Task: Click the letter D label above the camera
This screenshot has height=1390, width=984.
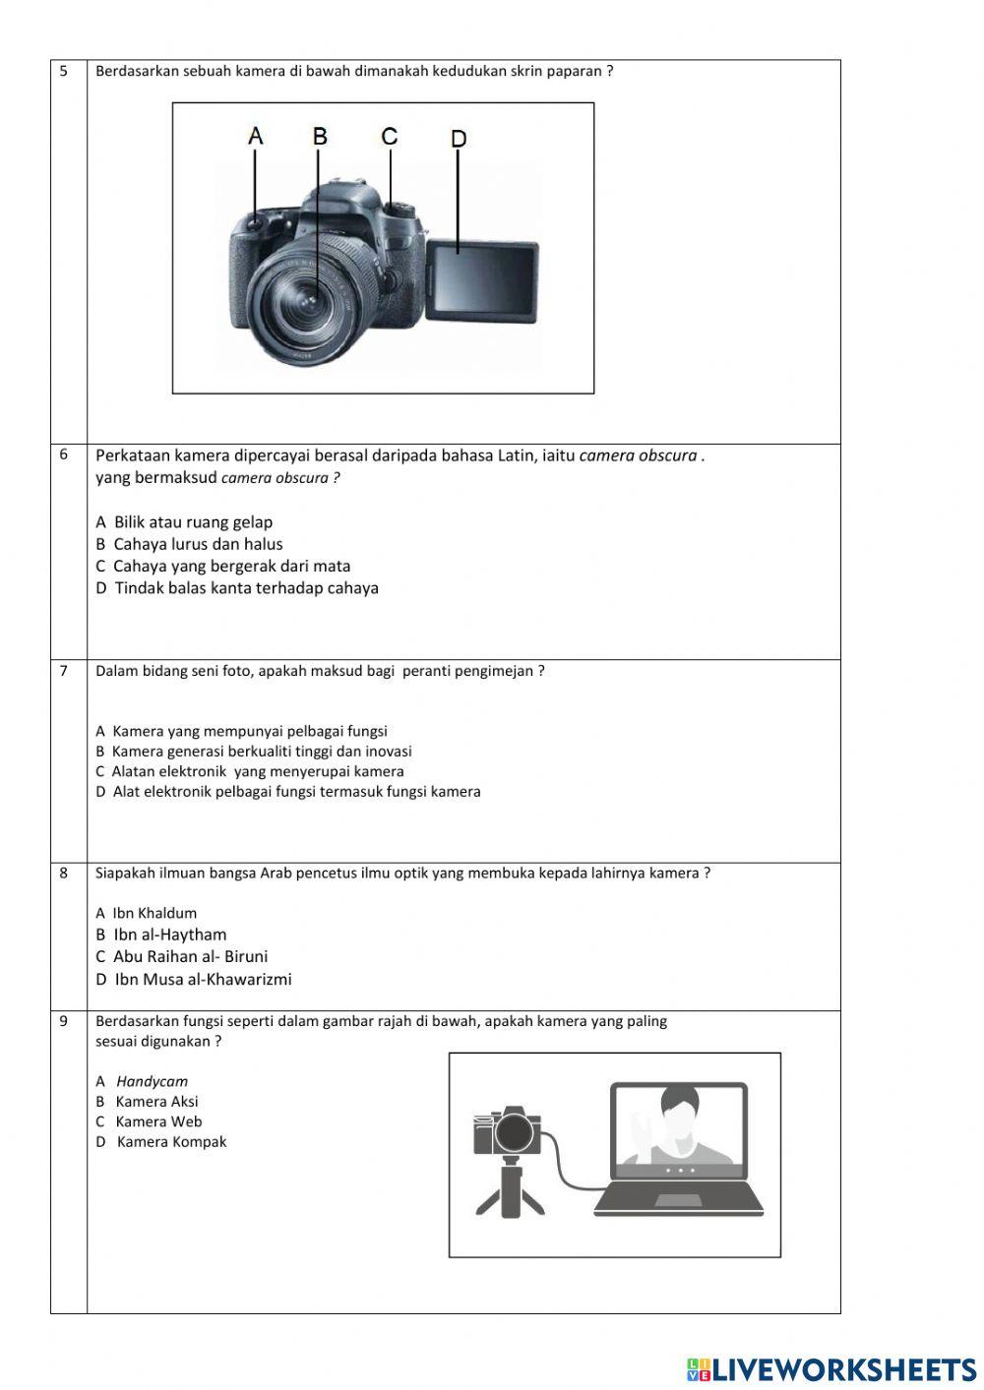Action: pyautogui.click(x=459, y=140)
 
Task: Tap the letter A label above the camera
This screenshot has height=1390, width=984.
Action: pyautogui.click(x=256, y=136)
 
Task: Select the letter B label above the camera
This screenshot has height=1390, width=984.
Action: pyautogui.click(x=320, y=136)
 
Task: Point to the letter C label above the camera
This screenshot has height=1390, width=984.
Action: pyautogui.click(x=390, y=136)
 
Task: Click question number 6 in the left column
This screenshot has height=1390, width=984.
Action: pyautogui.click(x=64, y=454)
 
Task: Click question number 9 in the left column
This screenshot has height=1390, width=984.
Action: pyautogui.click(x=64, y=1021)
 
